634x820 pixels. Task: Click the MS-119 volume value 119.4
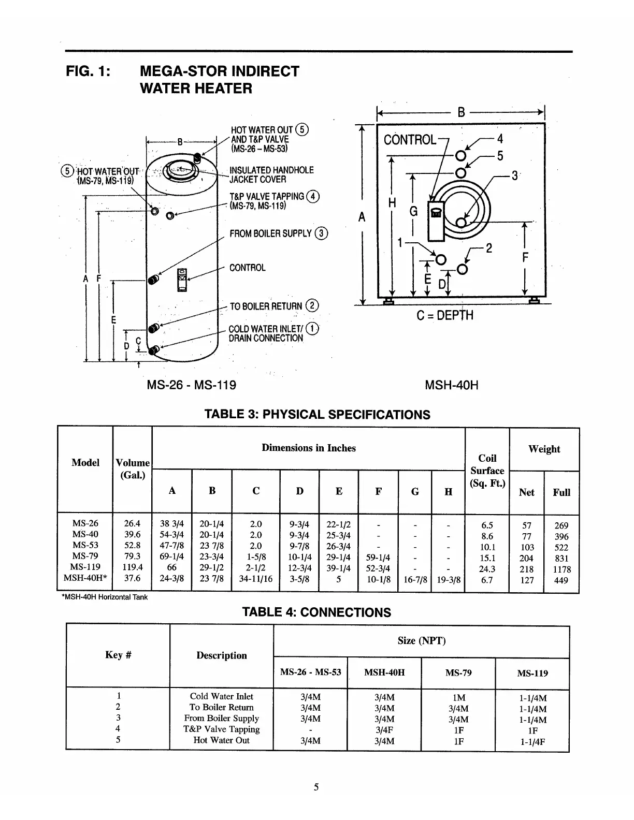133,567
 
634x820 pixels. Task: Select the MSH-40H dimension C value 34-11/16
255,579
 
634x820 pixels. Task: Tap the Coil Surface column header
487,471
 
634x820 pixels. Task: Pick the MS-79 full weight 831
561,558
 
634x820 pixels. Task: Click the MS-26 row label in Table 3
85,523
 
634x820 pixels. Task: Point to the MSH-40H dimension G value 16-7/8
415,580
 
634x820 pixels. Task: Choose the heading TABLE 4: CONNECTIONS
316,612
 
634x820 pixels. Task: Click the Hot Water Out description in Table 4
221,740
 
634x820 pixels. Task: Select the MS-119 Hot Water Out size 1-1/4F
532,741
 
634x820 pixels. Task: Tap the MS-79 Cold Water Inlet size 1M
458,697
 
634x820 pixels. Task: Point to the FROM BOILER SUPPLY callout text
270,233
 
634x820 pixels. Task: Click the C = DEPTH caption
444,315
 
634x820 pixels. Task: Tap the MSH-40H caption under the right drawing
451,385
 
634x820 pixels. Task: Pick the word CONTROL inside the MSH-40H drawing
410,140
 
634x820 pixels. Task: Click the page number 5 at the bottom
316,787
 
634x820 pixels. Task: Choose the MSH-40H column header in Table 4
384,672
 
